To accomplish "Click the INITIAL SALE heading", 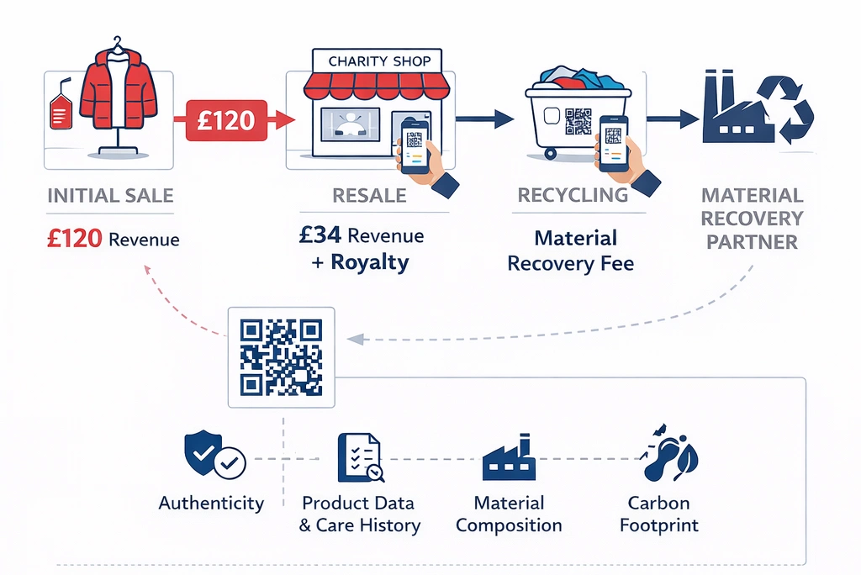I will (x=110, y=196).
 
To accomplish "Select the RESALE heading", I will (x=370, y=196).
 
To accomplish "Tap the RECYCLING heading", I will (x=573, y=195).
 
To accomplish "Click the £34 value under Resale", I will (x=320, y=235).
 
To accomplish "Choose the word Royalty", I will (x=370, y=261).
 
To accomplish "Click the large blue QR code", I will (x=281, y=356).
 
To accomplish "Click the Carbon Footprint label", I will (x=658, y=514).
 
